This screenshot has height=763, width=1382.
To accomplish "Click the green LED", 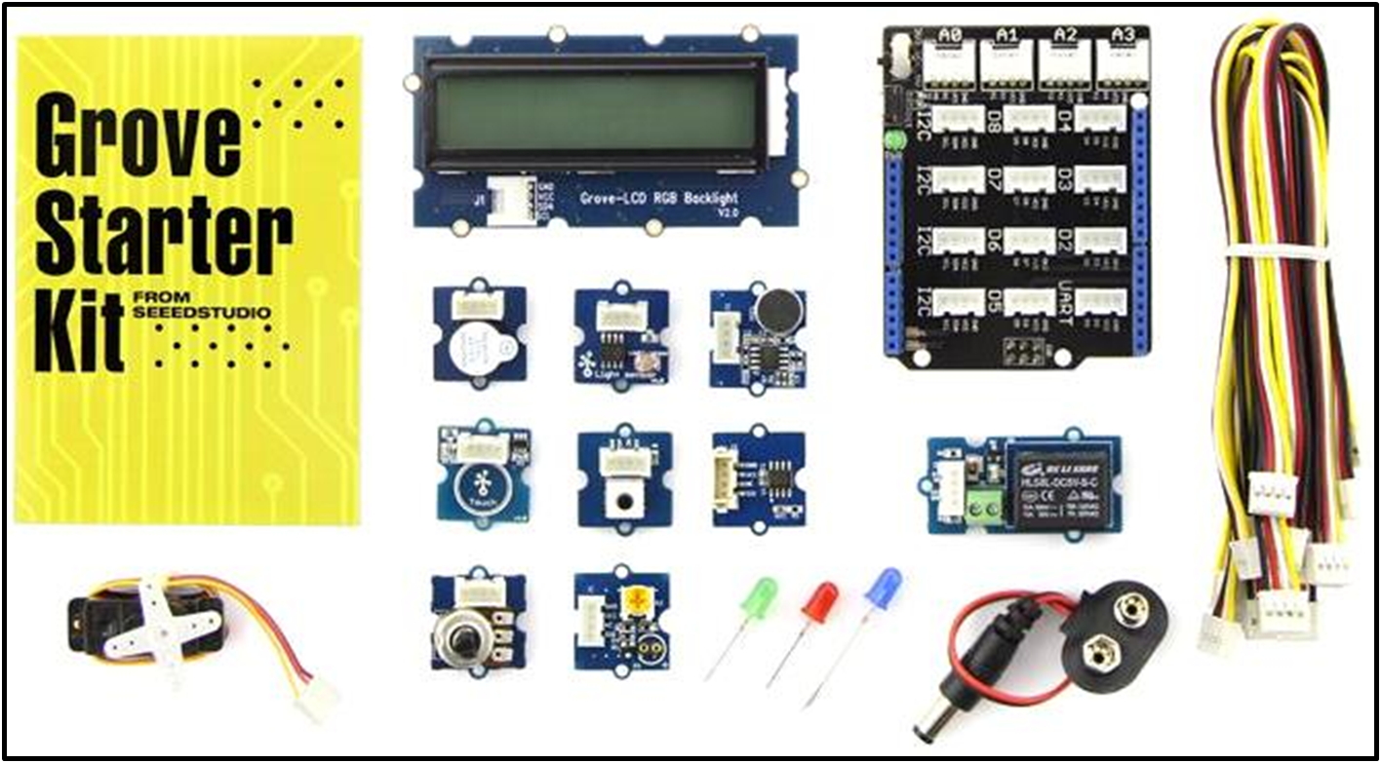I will pos(759,596).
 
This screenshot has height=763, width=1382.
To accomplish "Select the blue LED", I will pos(884,588).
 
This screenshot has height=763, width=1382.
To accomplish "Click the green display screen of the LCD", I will pos(596,112).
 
